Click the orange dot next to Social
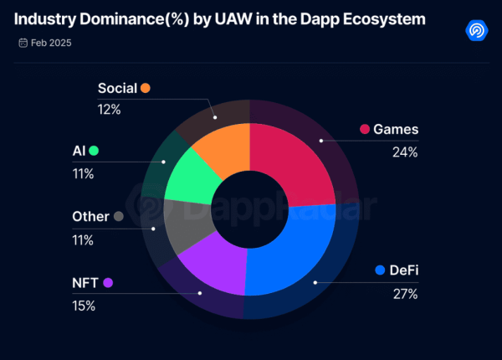coord(146,88)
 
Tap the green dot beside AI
coord(94,151)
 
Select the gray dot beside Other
coord(119,216)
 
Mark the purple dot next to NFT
coord(108,283)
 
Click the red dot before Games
coord(365,129)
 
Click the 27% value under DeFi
coord(406,293)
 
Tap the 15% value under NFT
coord(84,306)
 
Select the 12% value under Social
coord(110,109)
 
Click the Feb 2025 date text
coord(51,42)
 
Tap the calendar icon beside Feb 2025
coord(22,42)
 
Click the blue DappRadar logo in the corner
coord(477,30)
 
